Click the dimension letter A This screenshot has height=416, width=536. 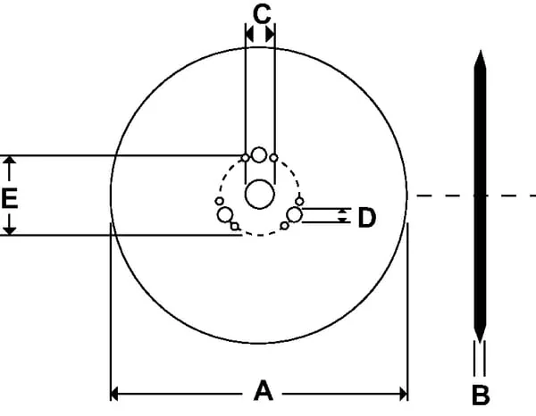[x=264, y=391]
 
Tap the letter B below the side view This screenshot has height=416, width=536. [x=481, y=395]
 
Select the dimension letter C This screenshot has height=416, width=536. [x=262, y=14]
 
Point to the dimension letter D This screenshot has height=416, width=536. [x=367, y=217]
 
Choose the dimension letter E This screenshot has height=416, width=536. [x=9, y=198]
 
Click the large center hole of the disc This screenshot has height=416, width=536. [x=260, y=194]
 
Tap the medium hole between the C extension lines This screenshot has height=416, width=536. [x=259, y=154]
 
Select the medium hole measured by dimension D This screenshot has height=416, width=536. [x=294, y=214]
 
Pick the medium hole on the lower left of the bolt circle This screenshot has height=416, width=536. [x=225, y=214]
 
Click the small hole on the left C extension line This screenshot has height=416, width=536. [x=245, y=158]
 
